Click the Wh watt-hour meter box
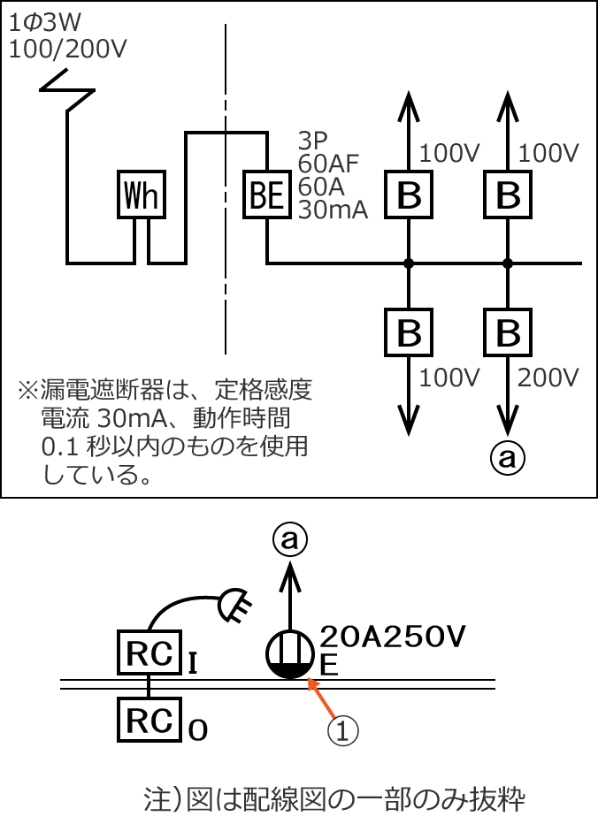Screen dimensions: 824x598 click(142, 195)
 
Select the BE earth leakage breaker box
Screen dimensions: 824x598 click(267, 195)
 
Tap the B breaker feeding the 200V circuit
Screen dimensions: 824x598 click(508, 333)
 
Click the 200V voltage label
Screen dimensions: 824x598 click(548, 378)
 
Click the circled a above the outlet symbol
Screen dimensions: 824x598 click(289, 538)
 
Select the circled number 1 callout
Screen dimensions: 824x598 click(344, 730)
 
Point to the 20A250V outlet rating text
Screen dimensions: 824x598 click(392, 637)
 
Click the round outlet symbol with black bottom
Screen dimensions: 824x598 click(290, 655)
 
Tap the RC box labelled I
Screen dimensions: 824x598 click(149, 652)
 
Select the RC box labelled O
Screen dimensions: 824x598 click(149, 721)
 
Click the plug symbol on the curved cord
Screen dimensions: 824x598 click(234, 608)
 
